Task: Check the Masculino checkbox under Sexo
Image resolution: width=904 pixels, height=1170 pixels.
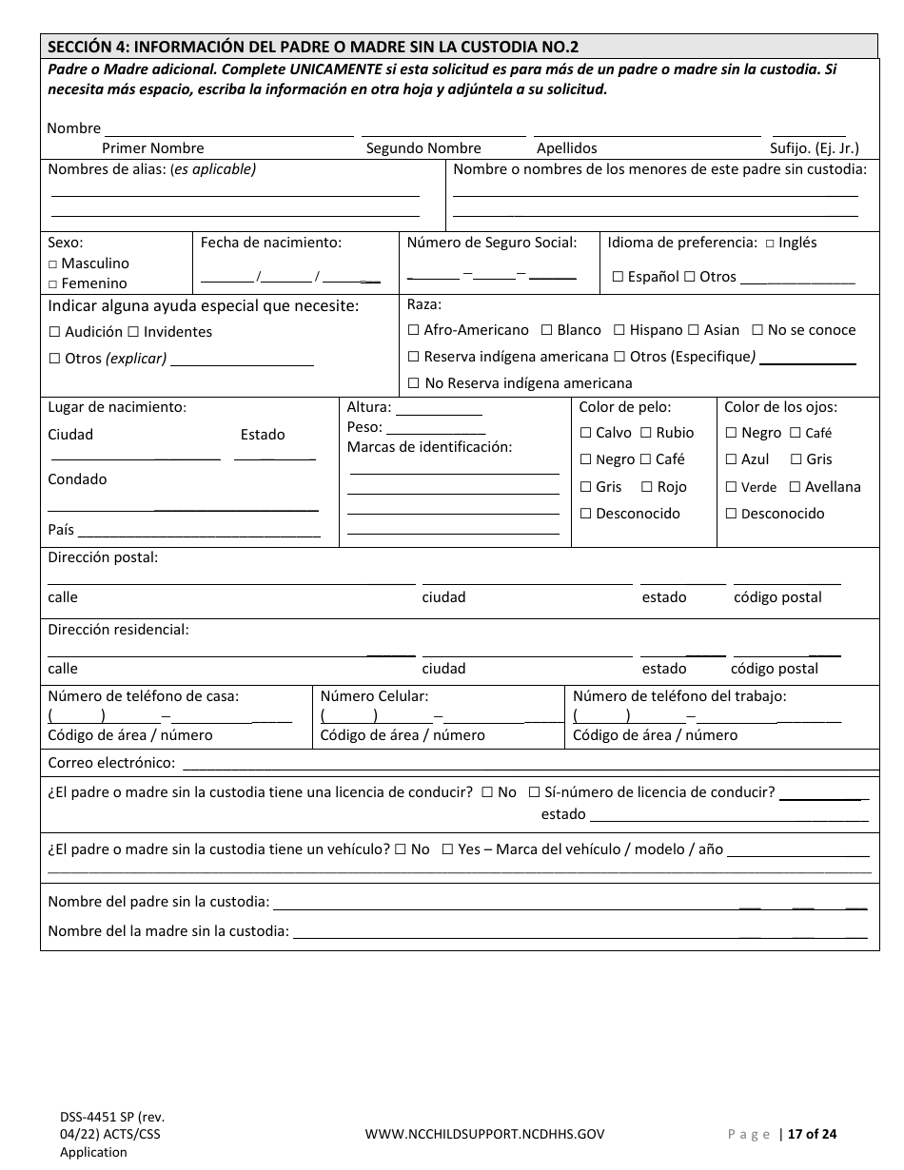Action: [53, 263]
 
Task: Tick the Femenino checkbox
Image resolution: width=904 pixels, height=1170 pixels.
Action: [53, 283]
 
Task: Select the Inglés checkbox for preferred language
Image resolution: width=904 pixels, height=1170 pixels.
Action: [770, 244]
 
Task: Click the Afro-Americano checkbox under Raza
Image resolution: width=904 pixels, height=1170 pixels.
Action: [413, 330]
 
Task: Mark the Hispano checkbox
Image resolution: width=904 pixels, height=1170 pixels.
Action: [619, 330]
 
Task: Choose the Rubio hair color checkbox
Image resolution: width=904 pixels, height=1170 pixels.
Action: [646, 433]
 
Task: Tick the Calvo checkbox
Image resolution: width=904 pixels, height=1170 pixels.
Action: [586, 433]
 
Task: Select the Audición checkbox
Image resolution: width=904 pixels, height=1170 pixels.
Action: [54, 332]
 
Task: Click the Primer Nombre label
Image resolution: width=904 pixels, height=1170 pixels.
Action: [152, 148]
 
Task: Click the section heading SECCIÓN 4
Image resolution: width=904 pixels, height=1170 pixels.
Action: [313, 47]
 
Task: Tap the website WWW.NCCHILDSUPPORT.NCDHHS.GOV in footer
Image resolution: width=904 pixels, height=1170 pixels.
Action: [484, 1133]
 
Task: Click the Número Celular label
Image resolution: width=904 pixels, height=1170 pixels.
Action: [374, 696]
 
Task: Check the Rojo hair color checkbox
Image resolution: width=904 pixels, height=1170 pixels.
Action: [646, 487]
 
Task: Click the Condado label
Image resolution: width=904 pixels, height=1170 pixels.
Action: [77, 479]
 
